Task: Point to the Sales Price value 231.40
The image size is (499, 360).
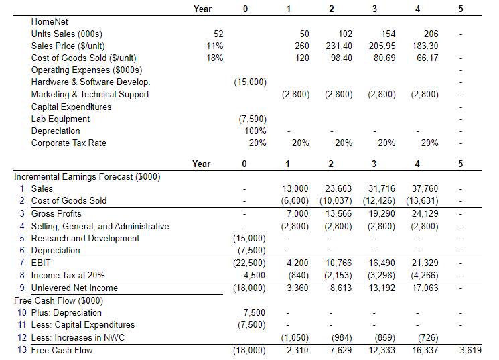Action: [x=338, y=46]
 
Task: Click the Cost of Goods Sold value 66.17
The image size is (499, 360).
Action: [x=427, y=58]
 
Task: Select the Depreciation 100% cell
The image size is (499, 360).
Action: [x=255, y=131]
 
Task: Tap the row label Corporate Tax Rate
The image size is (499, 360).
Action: [x=68, y=143]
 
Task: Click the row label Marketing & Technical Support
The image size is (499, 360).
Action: [x=90, y=94]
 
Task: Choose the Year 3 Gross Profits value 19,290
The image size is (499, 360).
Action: [x=382, y=213]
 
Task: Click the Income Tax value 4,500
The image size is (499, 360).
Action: [x=255, y=275]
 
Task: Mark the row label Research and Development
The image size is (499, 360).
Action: [x=85, y=238]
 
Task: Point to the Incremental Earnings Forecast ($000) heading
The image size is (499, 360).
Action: [x=87, y=176]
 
